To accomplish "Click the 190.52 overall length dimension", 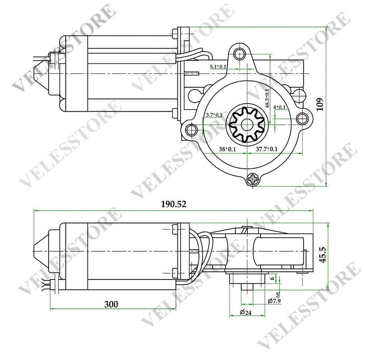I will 174,204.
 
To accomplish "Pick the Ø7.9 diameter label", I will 274,301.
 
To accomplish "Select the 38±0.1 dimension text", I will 227,149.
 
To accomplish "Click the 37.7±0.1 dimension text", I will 266,149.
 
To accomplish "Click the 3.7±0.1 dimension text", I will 214,115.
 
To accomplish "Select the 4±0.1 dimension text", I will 280,107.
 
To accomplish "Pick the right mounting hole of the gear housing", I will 303,117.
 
